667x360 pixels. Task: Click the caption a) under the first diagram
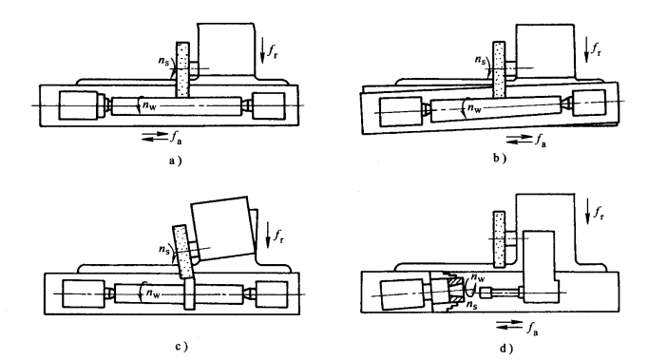(x=175, y=161)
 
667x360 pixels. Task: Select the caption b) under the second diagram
(x=500, y=159)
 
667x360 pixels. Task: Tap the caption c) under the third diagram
(x=181, y=347)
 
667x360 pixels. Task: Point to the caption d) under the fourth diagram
(x=506, y=349)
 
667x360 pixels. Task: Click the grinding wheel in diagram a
(x=182, y=69)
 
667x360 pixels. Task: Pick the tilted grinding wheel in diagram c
(x=183, y=252)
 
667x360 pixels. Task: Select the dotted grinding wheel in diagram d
(x=500, y=239)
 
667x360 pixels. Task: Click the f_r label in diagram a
(x=273, y=50)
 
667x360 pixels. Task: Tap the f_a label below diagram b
(x=541, y=140)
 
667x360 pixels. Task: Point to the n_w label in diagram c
(x=153, y=294)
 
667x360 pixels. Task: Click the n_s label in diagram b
(x=480, y=60)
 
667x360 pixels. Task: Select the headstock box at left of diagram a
(x=79, y=105)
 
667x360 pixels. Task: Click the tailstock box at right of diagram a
(x=269, y=105)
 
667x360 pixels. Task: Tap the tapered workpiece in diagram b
(x=496, y=109)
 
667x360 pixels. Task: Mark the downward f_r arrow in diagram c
(x=268, y=235)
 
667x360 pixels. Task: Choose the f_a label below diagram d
(x=532, y=329)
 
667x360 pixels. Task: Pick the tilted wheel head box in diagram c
(x=222, y=228)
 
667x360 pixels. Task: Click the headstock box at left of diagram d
(x=403, y=294)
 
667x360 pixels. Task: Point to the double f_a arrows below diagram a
(x=155, y=137)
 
